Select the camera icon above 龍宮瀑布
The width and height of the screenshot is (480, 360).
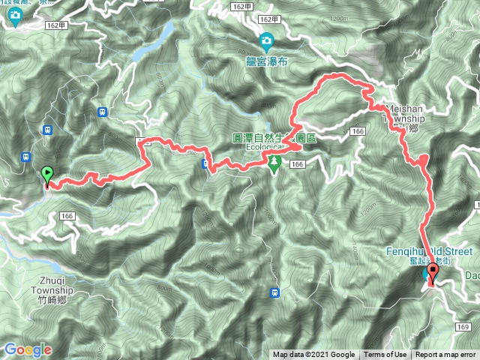click(x=266, y=40)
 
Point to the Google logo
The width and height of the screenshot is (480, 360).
click(x=28, y=349)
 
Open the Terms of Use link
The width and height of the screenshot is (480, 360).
click(x=385, y=355)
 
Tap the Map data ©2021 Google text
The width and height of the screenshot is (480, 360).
click(x=313, y=355)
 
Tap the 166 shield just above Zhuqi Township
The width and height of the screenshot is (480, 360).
click(x=67, y=216)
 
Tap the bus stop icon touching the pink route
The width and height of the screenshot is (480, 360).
click(x=205, y=164)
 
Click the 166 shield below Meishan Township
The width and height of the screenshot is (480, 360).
click(x=357, y=132)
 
